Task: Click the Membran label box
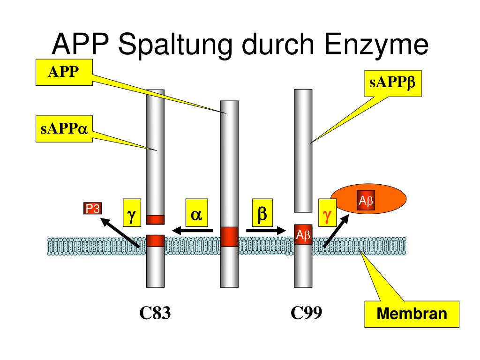tap(412, 314)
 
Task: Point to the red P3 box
tap(92, 209)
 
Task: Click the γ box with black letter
tap(132, 213)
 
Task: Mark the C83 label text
tap(155, 313)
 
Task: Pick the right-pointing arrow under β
tap(266, 230)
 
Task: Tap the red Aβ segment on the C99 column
tap(303, 235)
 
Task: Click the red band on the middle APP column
tap(229, 236)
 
